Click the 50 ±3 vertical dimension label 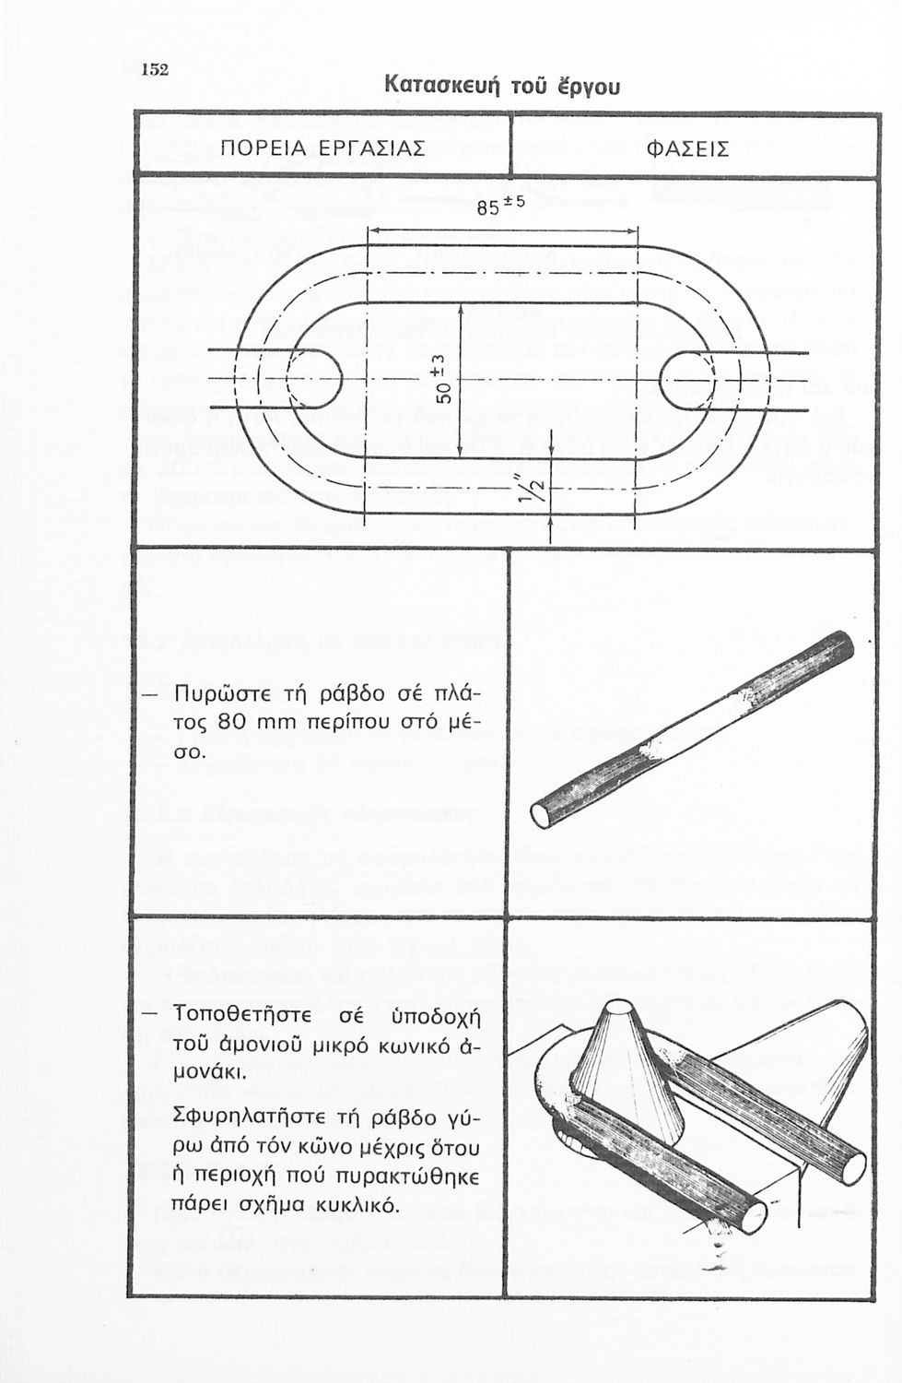[x=444, y=379]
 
